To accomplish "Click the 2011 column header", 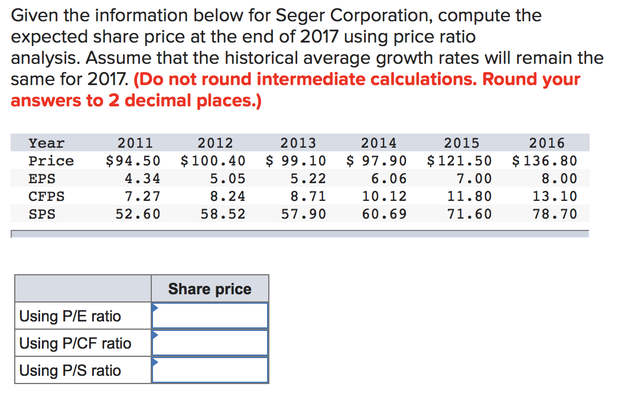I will (x=135, y=143).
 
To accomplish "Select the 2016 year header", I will (x=547, y=143).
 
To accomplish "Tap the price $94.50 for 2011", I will (x=132, y=161).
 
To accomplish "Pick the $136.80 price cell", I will (x=544, y=161).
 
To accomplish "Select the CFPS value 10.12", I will (x=384, y=196).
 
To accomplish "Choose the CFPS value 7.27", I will (x=142, y=196).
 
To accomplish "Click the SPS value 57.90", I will (x=304, y=214).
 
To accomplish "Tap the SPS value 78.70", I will (x=555, y=214).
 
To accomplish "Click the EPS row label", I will (x=42, y=178).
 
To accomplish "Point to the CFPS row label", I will (x=47, y=196).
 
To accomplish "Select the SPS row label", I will (x=42, y=214).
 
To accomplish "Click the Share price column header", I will (x=210, y=289).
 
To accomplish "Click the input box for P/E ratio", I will (x=210, y=316).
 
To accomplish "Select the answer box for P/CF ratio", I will (x=210, y=343).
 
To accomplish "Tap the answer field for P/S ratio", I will (x=210, y=370).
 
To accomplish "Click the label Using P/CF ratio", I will (x=75, y=343).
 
